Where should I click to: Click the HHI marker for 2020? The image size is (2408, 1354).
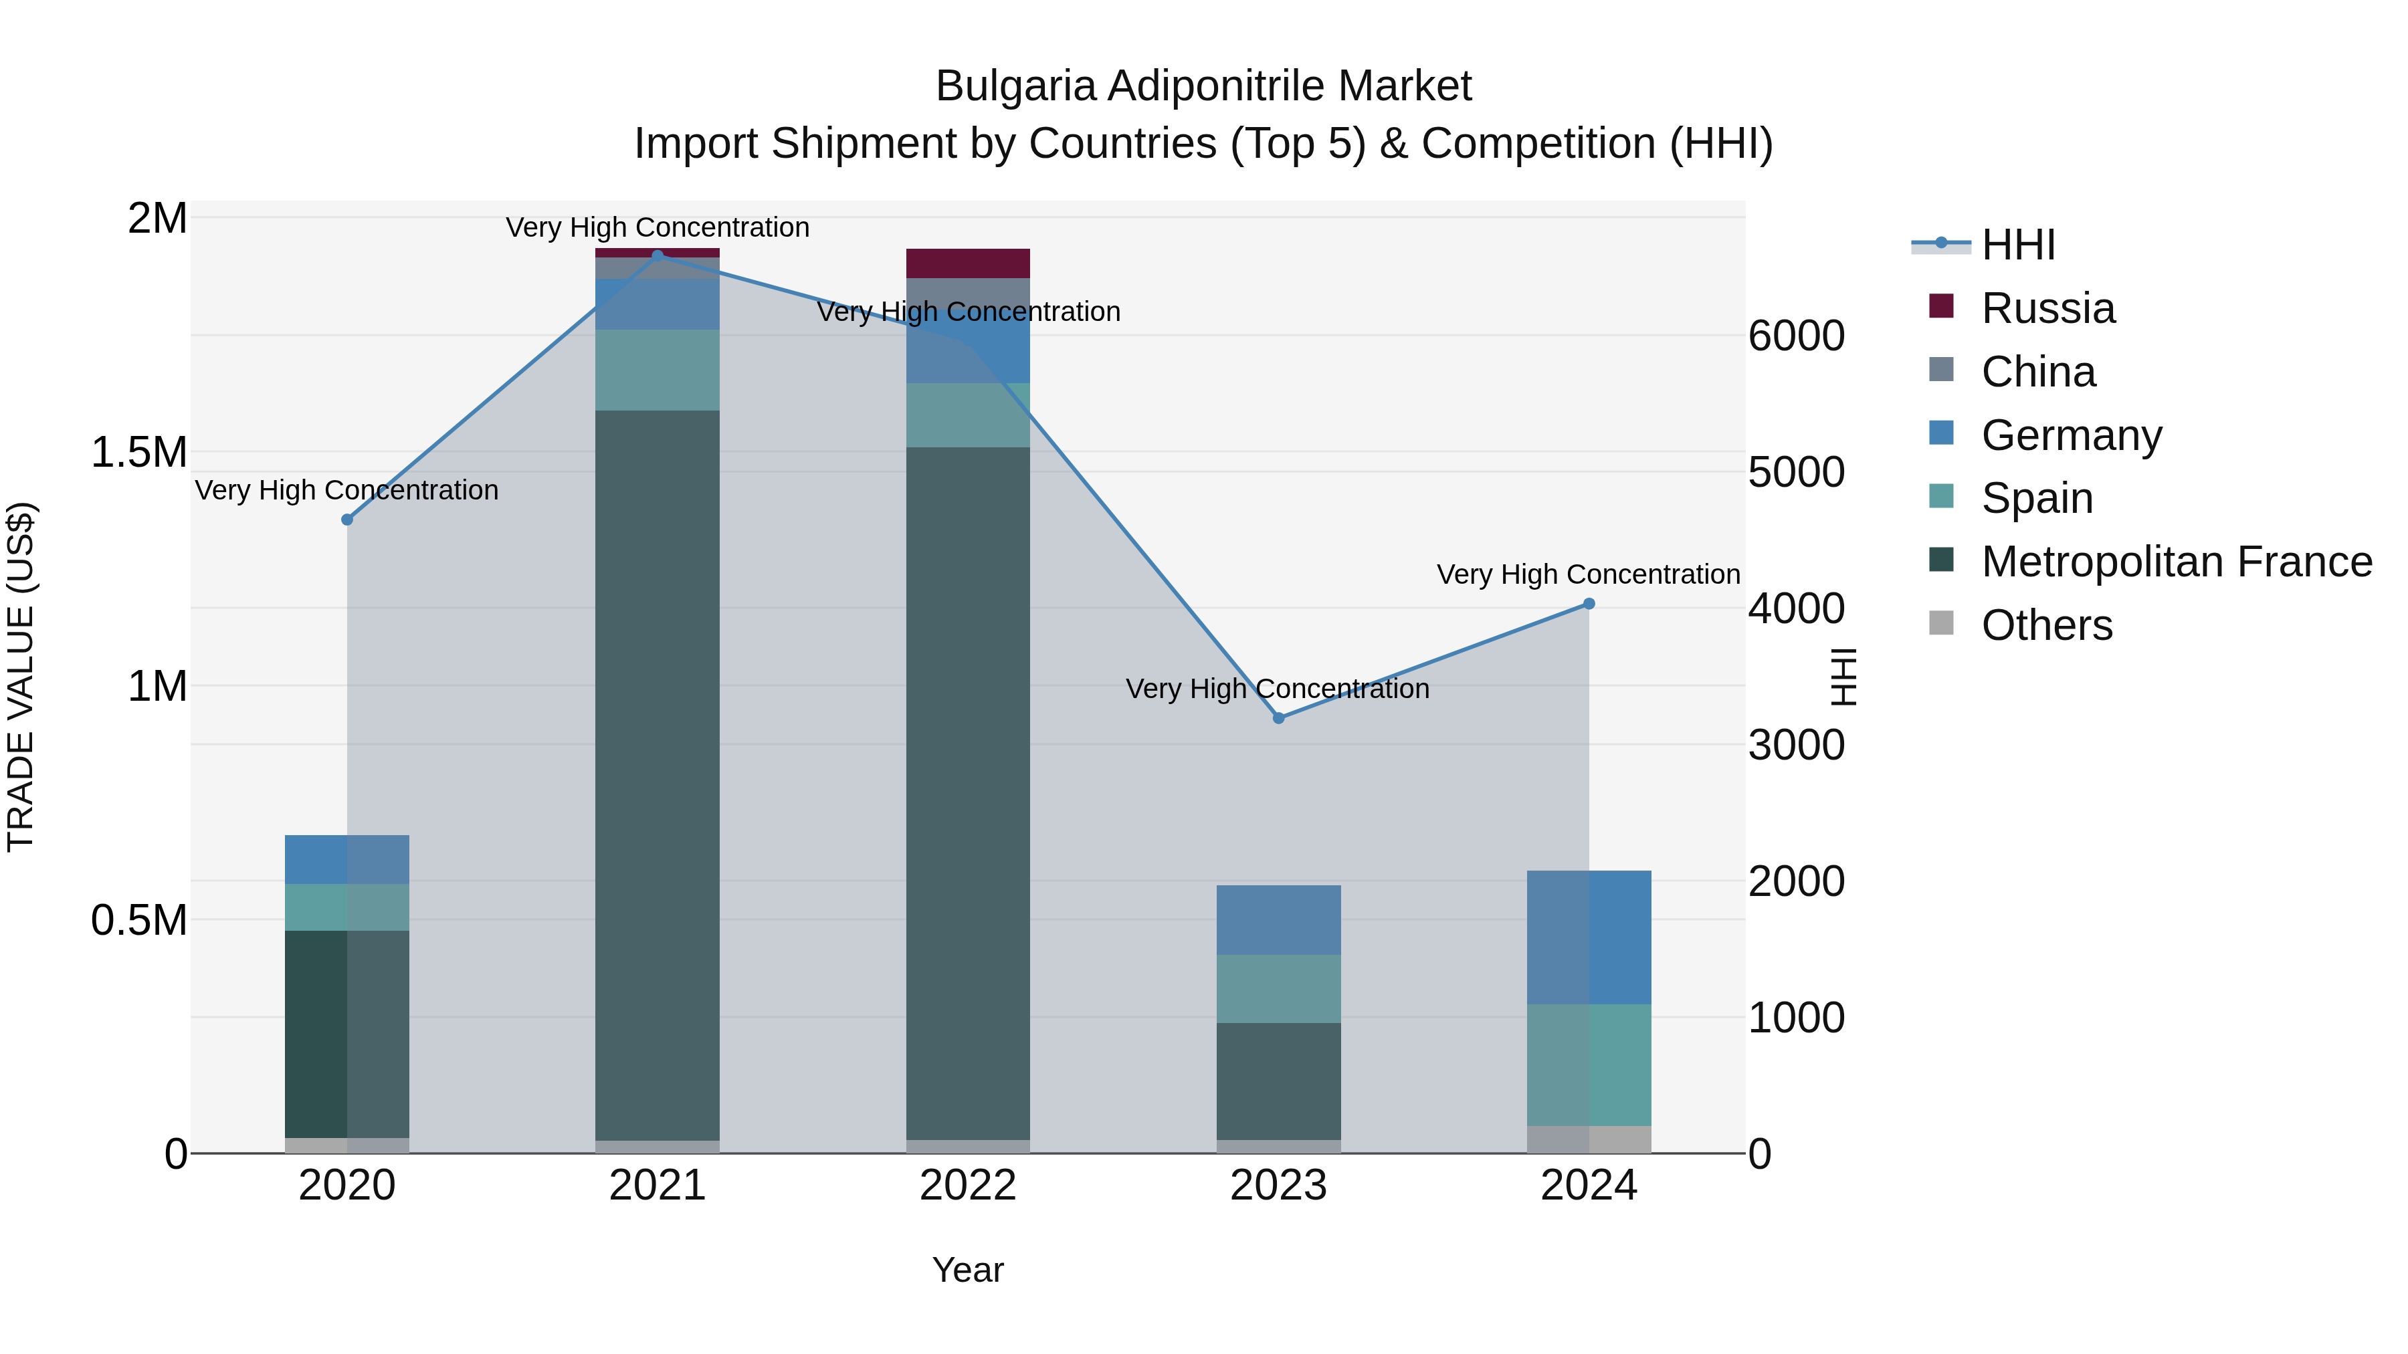tap(346, 520)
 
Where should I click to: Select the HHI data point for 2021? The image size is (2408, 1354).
tap(657, 255)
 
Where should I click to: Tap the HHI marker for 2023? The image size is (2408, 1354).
tap(1279, 717)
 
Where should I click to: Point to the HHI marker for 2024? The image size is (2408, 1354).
tap(1588, 604)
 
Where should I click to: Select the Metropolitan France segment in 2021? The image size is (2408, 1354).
tap(657, 775)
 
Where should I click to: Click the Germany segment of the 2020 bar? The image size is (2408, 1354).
tap(346, 860)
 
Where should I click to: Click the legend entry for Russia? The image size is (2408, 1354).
tap(2047, 308)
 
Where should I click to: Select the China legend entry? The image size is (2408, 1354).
tap(2038, 372)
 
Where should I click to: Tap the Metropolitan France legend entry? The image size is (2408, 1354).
tap(2175, 562)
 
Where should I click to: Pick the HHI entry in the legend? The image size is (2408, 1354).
tap(2017, 245)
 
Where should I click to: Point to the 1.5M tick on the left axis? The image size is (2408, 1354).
tap(138, 452)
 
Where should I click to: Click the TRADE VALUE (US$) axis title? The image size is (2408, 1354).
tap(21, 677)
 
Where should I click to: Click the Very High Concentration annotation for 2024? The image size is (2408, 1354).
tap(1587, 574)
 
